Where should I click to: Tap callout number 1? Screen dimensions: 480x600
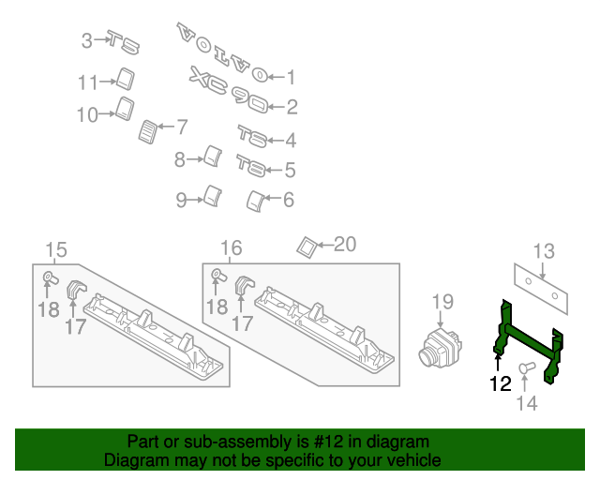point(291,78)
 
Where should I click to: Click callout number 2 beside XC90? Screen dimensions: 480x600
point(292,107)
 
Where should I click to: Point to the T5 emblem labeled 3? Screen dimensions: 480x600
point(123,41)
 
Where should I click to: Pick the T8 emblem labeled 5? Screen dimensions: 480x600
point(252,167)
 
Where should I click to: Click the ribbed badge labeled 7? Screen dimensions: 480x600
point(148,131)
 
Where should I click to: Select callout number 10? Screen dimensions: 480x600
point(86,115)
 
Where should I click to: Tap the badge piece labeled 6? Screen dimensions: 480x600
point(254,200)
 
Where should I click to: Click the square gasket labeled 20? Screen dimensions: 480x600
point(307,246)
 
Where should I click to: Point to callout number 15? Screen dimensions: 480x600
point(56,249)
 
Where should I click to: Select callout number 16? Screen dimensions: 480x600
point(232,247)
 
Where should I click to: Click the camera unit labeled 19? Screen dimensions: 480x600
point(436,345)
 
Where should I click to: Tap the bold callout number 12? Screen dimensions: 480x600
point(500,382)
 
